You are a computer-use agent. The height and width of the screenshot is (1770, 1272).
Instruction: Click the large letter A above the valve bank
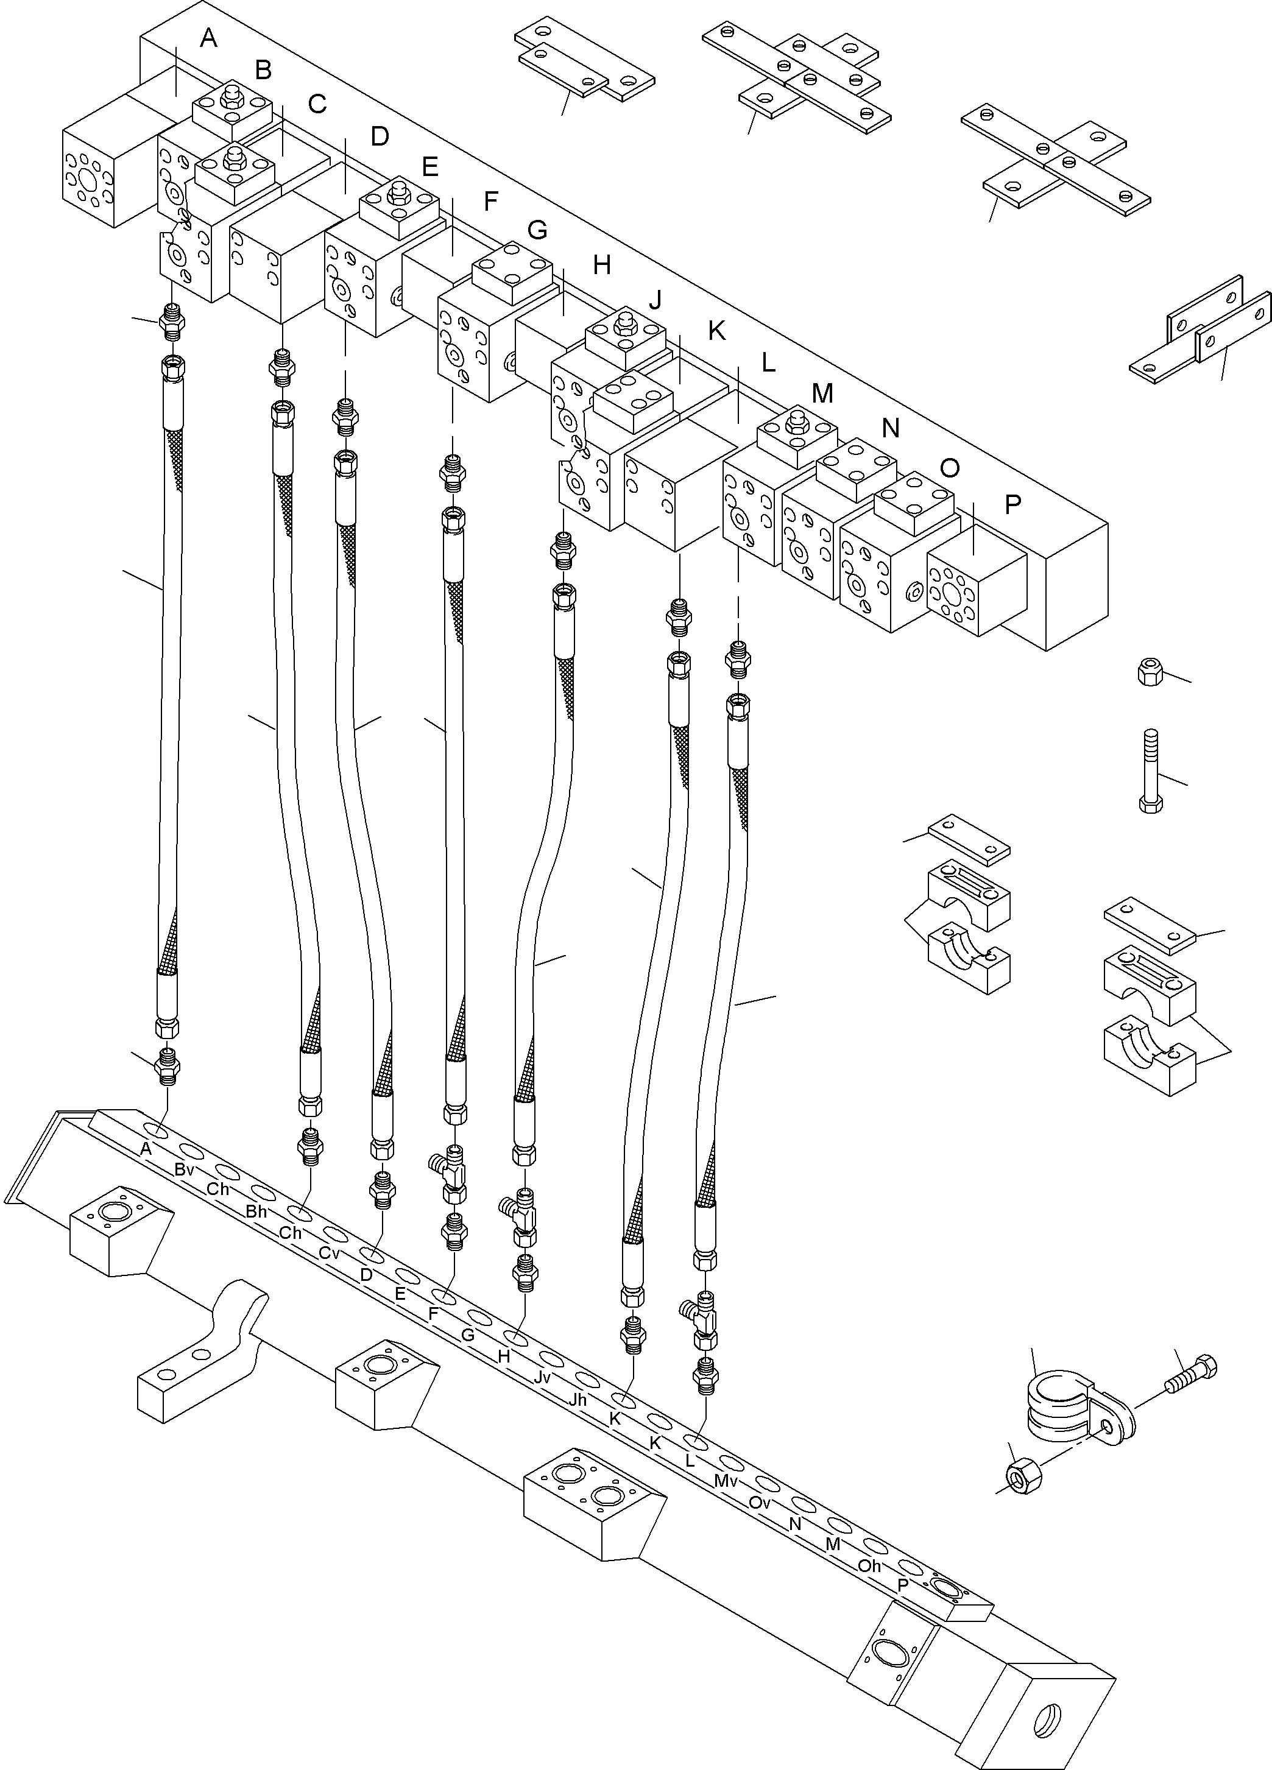click(208, 38)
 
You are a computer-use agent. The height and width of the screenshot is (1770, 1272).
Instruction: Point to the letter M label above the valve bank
click(822, 393)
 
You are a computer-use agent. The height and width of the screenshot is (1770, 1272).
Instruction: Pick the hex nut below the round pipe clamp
click(1019, 1476)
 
